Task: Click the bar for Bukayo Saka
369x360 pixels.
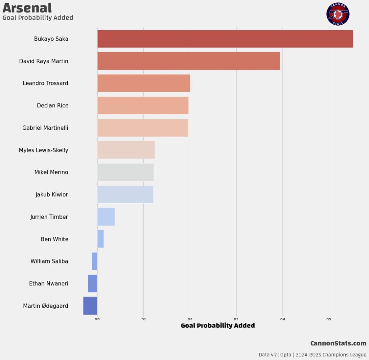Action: (x=225, y=39)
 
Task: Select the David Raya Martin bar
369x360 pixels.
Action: (x=188, y=61)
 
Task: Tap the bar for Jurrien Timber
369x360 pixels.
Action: (x=106, y=217)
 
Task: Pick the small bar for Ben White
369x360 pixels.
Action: (x=101, y=239)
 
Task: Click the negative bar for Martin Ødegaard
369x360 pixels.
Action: (x=90, y=306)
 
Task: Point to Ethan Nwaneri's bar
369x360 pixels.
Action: (x=93, y=284)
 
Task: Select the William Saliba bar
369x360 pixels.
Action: (x=94, y=261)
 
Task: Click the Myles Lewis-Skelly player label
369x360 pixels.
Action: (x=44, y=150)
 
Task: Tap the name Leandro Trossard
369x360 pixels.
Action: (x=45, y=83)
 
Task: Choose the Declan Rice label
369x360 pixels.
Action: (x=53, y=106)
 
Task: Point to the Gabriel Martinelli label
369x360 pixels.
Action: (x=45, y=128)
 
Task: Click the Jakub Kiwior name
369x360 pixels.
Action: (x=52, y=195)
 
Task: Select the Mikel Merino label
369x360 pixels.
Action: (x=51, y=172)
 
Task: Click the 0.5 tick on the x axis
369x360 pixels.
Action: (x=329, y=319)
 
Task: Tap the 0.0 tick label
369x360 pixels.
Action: (x=97, y=319)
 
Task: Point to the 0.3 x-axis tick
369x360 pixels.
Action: (x=236, y=319)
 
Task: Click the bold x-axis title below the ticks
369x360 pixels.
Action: (x=218, y=326)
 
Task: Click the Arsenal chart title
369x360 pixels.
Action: (x=27, y=8)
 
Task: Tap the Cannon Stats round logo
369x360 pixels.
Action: (x=338, y=14)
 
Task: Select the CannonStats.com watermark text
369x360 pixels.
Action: (x=338, y=343)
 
